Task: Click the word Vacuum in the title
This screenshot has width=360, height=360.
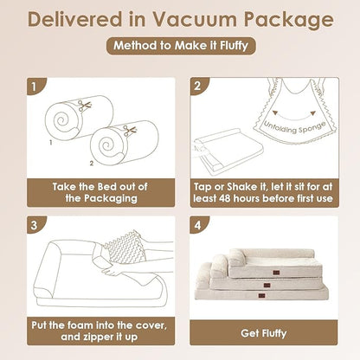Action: [195, 19]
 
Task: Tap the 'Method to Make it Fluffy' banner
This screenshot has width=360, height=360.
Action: [181, 46]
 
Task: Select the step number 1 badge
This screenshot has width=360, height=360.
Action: [35, 86]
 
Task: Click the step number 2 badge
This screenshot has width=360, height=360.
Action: [199, 86]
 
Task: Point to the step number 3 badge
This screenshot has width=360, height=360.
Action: [35, 225]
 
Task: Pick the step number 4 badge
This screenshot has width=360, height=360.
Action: [199, 225]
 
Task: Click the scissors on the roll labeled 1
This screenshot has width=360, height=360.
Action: [85, 106]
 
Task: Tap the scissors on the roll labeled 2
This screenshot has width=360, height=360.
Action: [130, 131]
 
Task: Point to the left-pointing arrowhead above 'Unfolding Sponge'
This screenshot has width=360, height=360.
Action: [275, 112]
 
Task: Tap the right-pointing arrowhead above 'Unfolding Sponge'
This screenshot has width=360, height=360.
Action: [312, 113]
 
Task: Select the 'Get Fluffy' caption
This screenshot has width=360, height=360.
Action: [264, 333]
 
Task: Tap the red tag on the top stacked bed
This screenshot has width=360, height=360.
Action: [276, 273]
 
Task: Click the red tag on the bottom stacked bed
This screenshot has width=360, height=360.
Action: [261, 296]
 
